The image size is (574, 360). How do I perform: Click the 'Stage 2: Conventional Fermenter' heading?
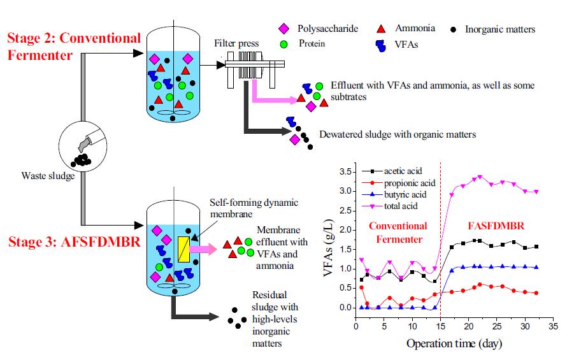(x=74, y=47)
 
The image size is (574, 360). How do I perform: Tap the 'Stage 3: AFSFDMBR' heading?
(x=75, y=241)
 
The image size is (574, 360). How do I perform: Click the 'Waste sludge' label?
(x=48, y=176)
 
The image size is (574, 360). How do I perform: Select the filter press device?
(x=255, y=69)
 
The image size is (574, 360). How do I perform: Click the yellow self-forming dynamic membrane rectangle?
(x=183, y=249)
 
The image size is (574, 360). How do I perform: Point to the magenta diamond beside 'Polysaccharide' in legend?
(x=283, y=29)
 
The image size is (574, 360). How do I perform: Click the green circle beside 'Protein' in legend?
(x=283, y=45)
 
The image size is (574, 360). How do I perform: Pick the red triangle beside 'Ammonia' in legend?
(x=381, y=29)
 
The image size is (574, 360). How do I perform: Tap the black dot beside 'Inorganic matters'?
(x=453, y=30)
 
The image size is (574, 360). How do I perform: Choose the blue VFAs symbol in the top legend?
(x=381, y=45)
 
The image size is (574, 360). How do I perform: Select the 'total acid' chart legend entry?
(x=390, y=206)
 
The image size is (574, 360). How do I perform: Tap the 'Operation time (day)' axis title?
(x=454, y=343)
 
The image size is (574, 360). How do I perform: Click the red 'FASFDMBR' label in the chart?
(x=496, y=226)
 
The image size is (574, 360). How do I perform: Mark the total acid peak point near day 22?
(x=480, y=177)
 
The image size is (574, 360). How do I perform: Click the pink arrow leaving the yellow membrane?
(x=203, y=249)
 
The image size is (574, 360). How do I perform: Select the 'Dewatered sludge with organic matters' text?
(x=398, y=134)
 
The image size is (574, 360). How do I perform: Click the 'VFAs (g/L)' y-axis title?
(x=328, y=248)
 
